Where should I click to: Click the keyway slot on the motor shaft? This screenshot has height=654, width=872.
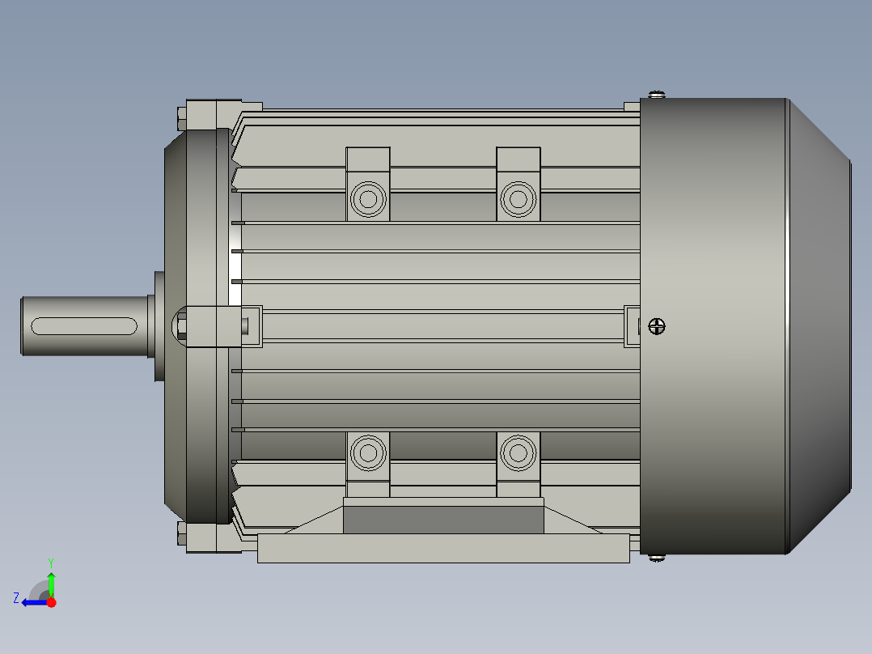point(83,326)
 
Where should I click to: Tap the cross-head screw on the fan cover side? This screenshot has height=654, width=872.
point(657,327)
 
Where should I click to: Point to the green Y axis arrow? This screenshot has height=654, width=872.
point(51,582)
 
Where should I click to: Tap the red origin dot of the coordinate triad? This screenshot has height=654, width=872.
point(51,602)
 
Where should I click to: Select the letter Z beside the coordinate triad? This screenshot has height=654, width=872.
point(16,598)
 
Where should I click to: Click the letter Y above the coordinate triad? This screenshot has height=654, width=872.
point(51,562)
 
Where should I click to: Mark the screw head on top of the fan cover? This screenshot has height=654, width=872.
point(657,95)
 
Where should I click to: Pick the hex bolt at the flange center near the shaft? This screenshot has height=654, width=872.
point(181,326)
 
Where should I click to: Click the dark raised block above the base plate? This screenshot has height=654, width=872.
point(442,519)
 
